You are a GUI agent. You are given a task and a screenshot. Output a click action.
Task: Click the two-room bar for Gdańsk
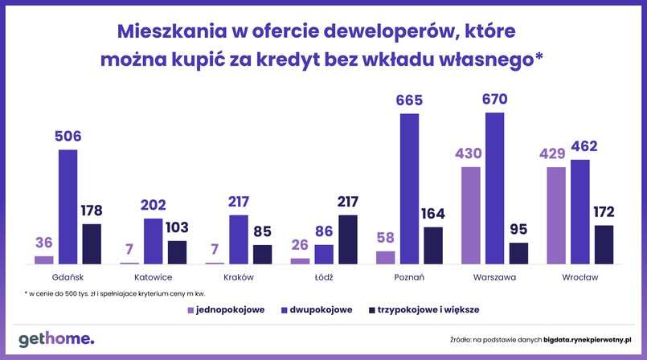point(68,207)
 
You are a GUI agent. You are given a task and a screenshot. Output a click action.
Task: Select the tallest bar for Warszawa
point(495,188)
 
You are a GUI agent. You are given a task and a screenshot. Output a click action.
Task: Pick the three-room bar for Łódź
point(348,239)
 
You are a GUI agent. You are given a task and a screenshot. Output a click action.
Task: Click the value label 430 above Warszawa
point(471,153)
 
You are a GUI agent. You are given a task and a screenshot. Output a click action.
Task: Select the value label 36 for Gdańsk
point(44,243)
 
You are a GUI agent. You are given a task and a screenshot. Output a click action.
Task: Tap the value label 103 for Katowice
point(176,227)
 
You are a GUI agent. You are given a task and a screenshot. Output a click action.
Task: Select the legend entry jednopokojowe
point(225,309)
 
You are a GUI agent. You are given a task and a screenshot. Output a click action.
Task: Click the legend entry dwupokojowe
point(315,309)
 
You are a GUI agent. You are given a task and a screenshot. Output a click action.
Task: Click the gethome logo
point(55,337)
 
